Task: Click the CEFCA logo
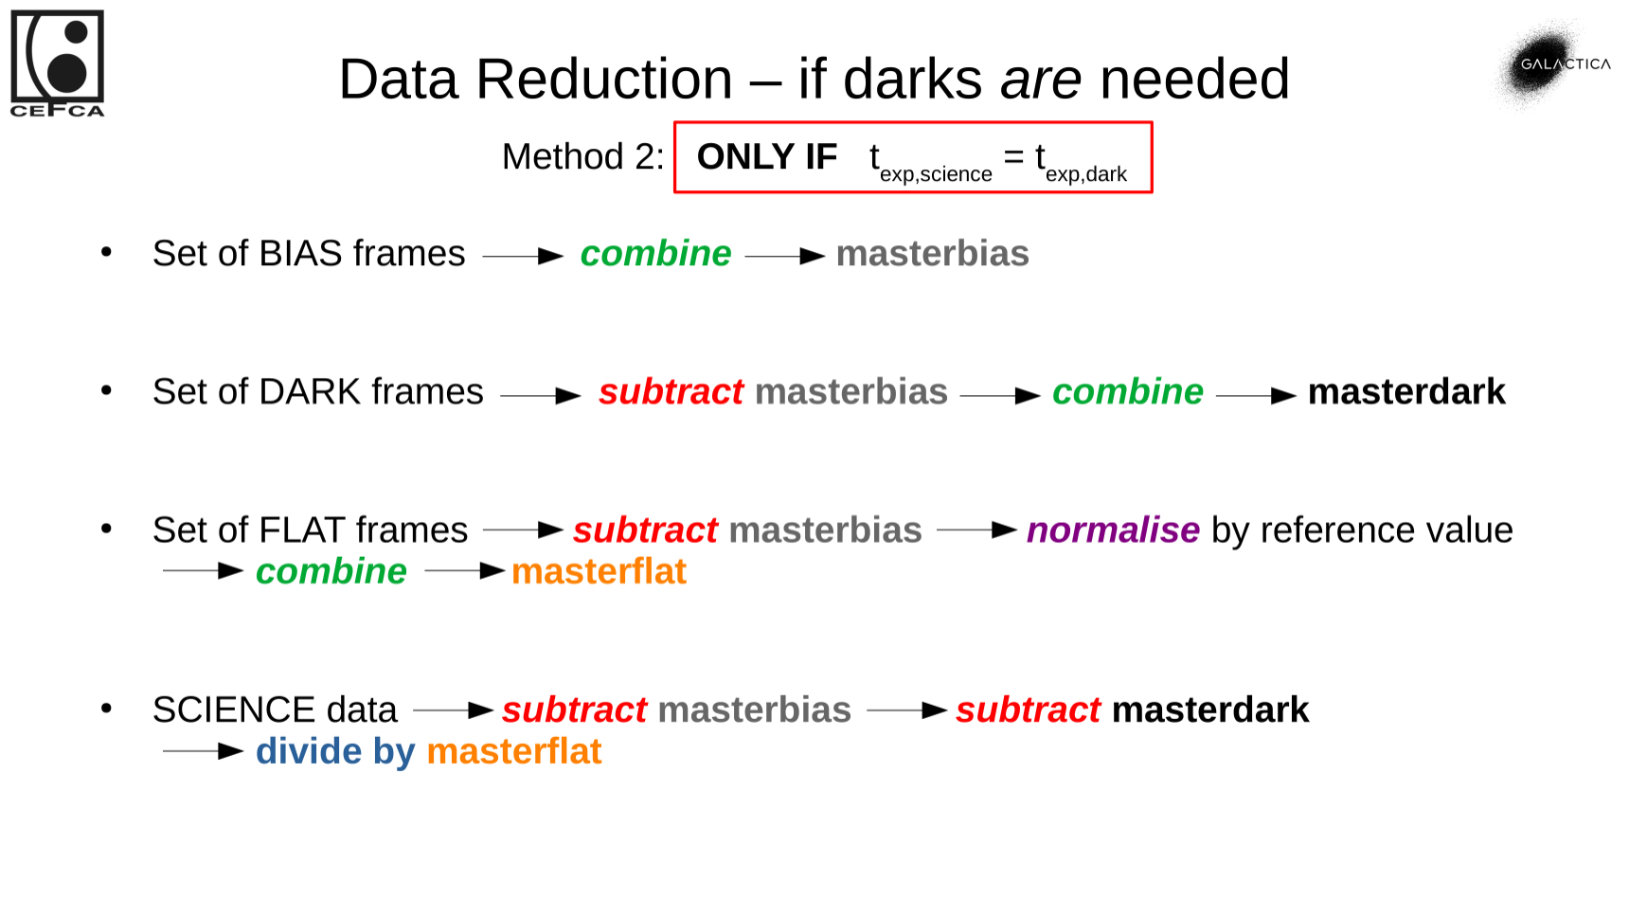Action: point(57,63)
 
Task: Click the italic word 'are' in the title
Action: point(1040,79)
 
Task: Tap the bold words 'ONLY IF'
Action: point(766,156)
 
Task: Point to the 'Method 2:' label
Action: point(582,156)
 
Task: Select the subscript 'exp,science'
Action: point(935,174)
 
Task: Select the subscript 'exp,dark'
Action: point(1085,174)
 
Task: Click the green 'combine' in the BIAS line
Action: point(655,254)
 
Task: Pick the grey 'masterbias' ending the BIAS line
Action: point(932,254)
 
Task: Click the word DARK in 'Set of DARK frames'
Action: point(310,392)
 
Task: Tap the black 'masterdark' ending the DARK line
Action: point(1405,392)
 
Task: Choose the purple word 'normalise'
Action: point(1113,530)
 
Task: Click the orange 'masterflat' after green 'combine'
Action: point(599,572)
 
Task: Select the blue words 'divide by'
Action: point(335,752)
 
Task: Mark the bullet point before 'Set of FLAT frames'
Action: point(106,529)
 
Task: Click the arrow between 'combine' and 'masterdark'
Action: point(1255,396)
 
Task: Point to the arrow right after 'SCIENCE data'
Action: point(453,710)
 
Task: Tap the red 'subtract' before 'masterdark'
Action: point(1028,710)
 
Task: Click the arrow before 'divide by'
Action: point(203,752)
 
